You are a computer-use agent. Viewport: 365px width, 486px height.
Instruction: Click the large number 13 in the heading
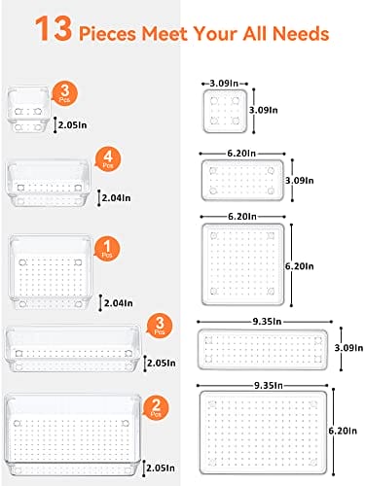click(54, 29)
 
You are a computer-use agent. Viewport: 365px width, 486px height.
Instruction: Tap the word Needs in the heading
click(301, 33)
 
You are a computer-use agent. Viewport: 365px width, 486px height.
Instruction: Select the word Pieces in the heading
click(107, 33)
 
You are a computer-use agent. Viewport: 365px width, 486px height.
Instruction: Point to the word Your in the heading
click(215, 33)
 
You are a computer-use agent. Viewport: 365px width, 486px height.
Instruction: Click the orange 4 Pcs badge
click(108, 159)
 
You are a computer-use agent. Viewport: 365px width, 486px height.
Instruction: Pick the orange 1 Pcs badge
click(107, 249)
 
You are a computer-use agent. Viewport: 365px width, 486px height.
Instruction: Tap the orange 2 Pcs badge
click(157, 407)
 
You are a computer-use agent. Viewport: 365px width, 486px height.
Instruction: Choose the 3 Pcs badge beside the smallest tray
click(65, 93)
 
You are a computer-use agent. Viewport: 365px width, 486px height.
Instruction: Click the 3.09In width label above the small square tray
click(224, 84)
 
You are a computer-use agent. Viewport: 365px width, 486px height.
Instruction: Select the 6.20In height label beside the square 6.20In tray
click(300, 266)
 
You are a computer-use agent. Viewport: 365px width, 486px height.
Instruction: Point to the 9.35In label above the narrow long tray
click(267, 322)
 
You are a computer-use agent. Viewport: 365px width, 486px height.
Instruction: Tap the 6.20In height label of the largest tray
click(343, 431)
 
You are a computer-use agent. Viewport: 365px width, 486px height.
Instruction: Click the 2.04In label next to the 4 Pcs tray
click(116, 197)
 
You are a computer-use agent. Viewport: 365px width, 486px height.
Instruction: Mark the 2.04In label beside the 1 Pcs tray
click(118, 303)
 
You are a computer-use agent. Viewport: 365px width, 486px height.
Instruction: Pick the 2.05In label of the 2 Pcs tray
click(161, 468)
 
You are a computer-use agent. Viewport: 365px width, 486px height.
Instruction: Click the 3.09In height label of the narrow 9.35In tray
click(348, 348)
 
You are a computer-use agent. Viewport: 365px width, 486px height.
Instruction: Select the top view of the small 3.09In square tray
click(225, 111)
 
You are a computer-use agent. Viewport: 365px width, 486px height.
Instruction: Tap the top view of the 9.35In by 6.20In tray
click(263, 433)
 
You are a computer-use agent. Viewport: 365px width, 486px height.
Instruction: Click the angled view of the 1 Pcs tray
click(51, 272)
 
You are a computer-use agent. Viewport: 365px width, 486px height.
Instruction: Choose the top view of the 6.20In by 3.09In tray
click(242, 180)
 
